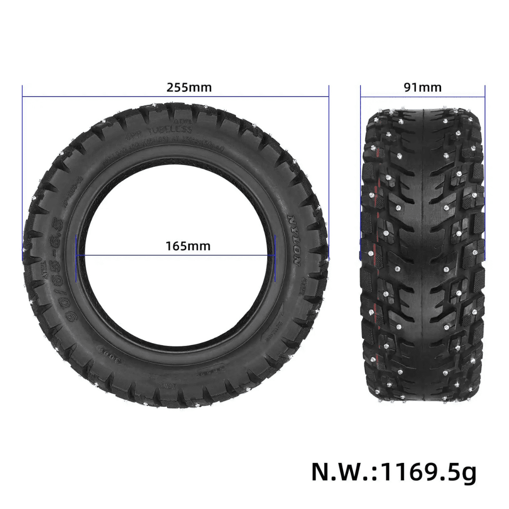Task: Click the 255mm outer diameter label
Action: [189, 88]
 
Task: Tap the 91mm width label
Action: [422, 88]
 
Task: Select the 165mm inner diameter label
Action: [188, 246]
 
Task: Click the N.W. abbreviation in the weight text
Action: [342, 471]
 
